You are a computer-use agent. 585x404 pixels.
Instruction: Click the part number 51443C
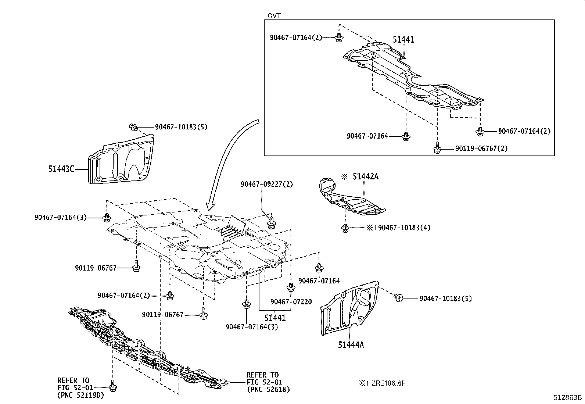click(x=61, y=169)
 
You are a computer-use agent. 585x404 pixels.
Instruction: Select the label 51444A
click(x=351, y=345)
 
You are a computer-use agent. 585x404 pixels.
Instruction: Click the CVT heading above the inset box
click(x=274, y=15)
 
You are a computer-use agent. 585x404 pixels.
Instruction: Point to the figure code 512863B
click(x=568, y=397)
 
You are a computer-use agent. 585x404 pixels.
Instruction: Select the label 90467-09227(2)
click(x=267, y=184)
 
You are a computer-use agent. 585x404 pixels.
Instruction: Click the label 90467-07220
click(x=291, y=302)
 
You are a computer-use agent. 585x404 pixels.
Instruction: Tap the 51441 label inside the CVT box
click(x=403, y=40)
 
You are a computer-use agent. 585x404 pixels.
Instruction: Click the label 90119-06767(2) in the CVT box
click(x=481, y=149)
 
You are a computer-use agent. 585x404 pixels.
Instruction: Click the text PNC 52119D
click(x=80, y=396)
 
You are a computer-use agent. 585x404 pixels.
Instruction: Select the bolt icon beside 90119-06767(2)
click(x=437, y=148)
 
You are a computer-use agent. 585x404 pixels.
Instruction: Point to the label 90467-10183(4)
click(x=404, y=228)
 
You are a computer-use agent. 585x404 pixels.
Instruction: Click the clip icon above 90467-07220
click(x=290, y=288)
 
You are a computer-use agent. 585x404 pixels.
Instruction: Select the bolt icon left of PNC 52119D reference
click(x=112, y=386)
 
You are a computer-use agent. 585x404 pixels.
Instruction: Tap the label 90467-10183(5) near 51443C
click(x=181, y=127)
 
